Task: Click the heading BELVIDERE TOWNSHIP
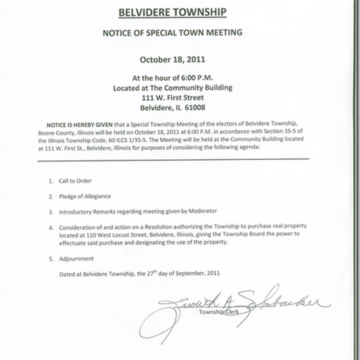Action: pos(173,12)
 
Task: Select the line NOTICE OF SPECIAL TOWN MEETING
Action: pos(173,32)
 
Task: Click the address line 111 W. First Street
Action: pos(173,97)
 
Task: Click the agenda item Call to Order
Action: pos(75,181)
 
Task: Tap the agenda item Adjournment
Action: pos(76,259)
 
